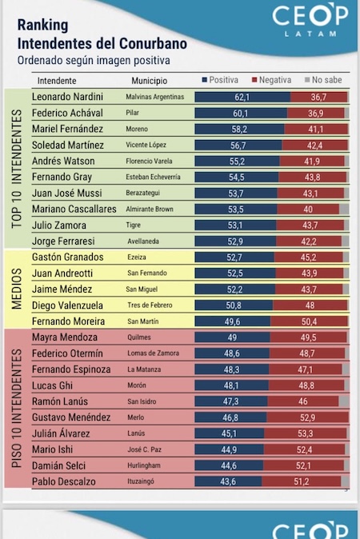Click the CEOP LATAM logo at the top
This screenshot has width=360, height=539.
[x=310, y=20]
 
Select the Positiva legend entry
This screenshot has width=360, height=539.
[x=220, y=80]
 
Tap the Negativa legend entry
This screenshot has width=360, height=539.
[x=272, y=80]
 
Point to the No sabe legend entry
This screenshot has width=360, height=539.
[x=323, y=80]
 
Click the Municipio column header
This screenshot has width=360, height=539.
[x=150, y=81]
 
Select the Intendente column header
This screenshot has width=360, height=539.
[x=57, y=81]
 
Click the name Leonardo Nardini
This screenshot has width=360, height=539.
[x=67, y=97]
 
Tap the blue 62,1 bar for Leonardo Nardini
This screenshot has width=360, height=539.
[x=242, y=97]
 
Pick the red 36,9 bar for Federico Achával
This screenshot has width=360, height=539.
[x=316, y=113]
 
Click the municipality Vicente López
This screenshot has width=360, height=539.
[x=146, y=145]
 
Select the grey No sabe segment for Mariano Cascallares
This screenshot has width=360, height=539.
[x=344, y=209]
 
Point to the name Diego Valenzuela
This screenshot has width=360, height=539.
[x=67, y=305]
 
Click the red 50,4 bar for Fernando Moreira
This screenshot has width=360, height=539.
[x=309, y=321]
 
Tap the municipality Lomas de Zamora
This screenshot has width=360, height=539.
[x=153, y=353]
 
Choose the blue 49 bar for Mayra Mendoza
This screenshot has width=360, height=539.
[x=232, y=337]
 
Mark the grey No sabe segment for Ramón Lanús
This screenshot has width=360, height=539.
[x=343, y=401]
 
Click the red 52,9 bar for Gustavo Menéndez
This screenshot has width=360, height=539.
[x=307, y=417]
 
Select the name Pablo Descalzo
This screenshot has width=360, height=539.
[x=64, y=481]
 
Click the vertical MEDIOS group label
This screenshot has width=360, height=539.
[x=17, y=289]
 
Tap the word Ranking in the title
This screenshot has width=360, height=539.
[x=42, y=25]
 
